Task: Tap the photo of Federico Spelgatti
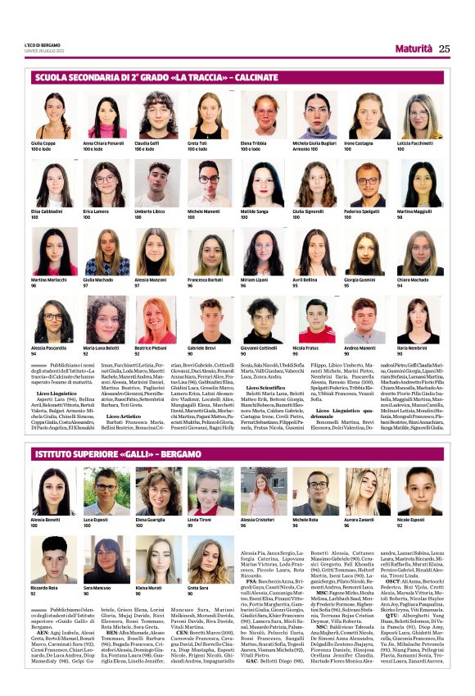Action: [366, 183]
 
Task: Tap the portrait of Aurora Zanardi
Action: [366, 490]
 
